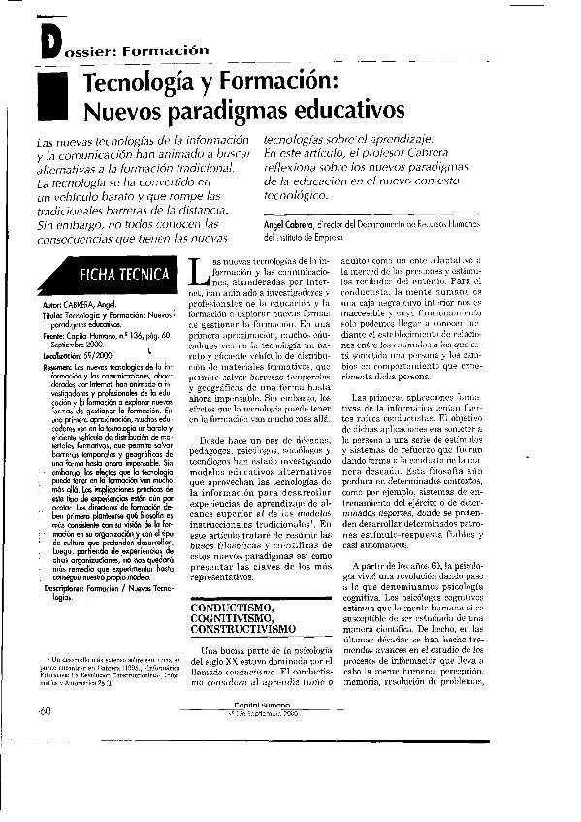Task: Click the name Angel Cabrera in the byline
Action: coord(292,223)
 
